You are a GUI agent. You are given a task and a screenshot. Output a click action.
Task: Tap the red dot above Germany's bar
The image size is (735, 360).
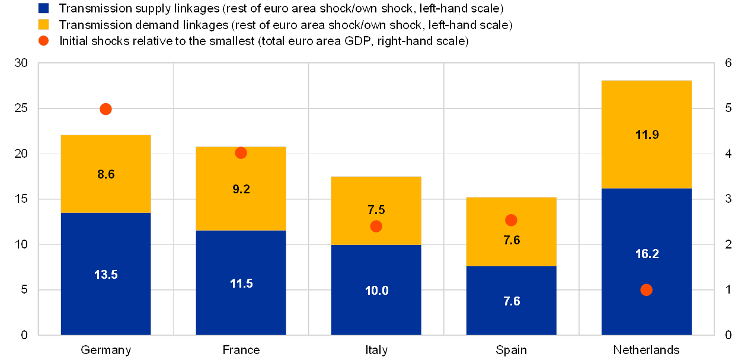tap(106, 109)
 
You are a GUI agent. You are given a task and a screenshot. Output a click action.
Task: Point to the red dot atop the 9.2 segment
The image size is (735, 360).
tap(241, 152)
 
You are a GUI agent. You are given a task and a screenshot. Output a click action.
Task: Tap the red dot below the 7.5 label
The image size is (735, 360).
tap(376, 226)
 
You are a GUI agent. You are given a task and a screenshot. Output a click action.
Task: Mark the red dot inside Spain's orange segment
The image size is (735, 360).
tap(511, 220)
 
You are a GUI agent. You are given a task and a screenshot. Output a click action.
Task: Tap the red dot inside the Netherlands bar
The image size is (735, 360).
tap(646, 289)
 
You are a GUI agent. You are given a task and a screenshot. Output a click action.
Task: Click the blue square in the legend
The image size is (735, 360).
tap(43, 8)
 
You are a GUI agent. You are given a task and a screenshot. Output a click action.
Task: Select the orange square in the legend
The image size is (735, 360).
tap(43, 25)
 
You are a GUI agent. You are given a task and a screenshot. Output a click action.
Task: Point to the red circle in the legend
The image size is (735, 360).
tap(43, 41)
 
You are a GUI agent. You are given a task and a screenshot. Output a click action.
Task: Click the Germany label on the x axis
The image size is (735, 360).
tap(106, 349)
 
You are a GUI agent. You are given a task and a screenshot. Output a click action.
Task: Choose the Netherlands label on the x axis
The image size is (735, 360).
tap(646, 349)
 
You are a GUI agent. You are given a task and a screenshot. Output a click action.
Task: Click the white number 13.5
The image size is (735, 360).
tap(106, 275)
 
